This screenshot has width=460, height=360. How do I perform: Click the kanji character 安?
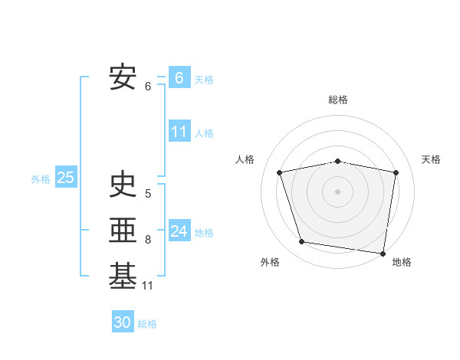tap(123, 77)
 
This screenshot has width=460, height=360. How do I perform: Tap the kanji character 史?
tap(123, 184)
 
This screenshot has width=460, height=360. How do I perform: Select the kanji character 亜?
tap(123, 230)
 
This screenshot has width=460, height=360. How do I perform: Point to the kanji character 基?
tap(123, 276)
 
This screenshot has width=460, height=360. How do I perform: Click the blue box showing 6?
tap(179, 78)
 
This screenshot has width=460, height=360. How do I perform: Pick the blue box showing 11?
tap(179, 132)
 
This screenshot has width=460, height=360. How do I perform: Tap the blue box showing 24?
tap(179, 231)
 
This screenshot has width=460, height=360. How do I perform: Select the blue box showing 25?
tap(65, 178)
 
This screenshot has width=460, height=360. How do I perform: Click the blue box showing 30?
tap(123, 322)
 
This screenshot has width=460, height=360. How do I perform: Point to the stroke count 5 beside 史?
tap(148, 194)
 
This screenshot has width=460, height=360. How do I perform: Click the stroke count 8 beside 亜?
tap(148, 240)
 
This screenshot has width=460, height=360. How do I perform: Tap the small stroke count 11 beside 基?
tap(148, 286)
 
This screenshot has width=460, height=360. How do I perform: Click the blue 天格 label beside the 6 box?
tap(203, 79)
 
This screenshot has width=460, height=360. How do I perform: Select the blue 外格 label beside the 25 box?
tap(41, 179)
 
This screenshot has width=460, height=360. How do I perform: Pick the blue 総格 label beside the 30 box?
tap(147, 324)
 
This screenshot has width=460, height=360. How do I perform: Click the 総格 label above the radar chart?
tap(337, 100)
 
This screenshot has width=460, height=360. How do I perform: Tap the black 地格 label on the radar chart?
tap(402, 262)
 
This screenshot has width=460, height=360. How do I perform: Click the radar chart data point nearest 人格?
tap(280, 172)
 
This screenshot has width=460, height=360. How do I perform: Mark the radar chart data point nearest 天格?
tap(396, 172)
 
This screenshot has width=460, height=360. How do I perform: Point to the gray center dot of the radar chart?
tap(337, 191)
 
